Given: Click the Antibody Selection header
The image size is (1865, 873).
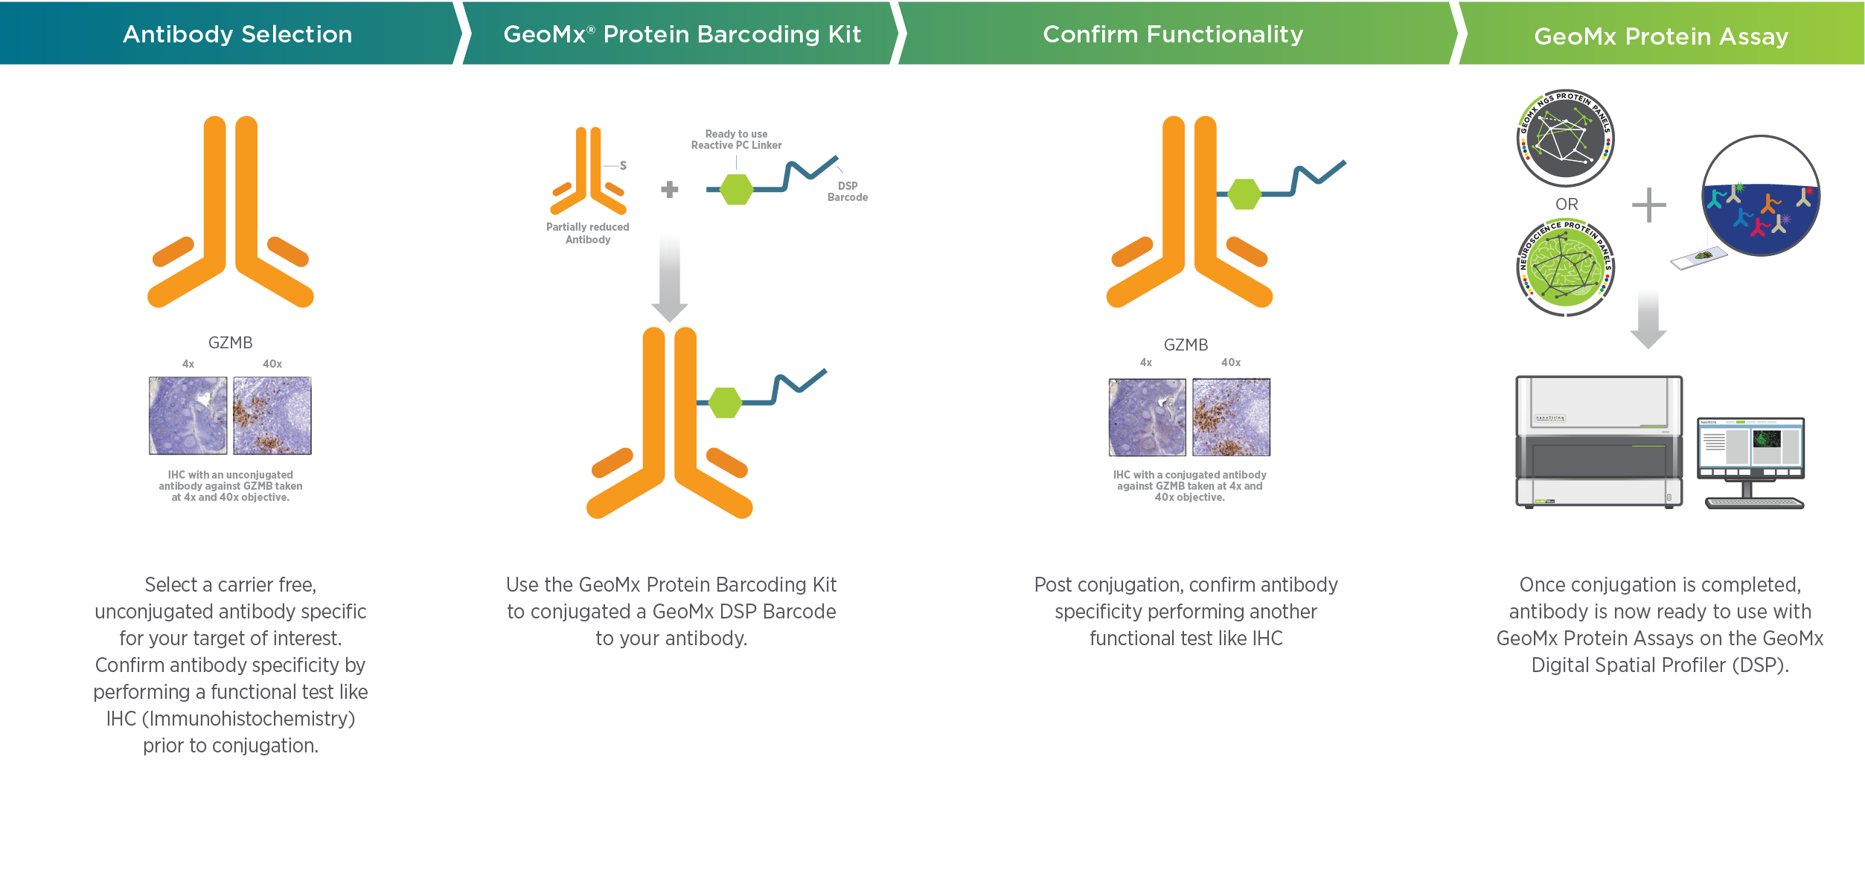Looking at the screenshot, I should tap(237, 34).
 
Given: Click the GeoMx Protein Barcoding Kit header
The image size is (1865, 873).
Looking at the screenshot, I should tap(682, 34).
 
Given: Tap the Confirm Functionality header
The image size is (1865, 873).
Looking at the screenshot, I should tap(1172, 34).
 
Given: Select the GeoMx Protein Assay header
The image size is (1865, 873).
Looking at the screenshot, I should tap(1660, 36).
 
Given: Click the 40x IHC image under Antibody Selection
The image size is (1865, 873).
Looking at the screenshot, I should tap(272, 415).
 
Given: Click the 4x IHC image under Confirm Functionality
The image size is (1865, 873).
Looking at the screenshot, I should tap(1147, 417).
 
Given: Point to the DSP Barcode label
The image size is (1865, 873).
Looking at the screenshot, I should tap(848, 191).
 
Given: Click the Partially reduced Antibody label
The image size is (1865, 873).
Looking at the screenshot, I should tap(587, 233).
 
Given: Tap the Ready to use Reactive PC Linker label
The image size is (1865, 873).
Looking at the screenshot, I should tap(736, 139).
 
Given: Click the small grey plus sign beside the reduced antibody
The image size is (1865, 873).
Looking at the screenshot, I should tap(669, 190).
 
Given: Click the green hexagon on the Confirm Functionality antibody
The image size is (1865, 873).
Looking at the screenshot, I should tap(1244, 194).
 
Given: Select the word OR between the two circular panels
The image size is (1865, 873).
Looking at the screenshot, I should tap(1566, 204).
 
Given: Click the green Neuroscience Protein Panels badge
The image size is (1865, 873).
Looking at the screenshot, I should tap(1565, 267).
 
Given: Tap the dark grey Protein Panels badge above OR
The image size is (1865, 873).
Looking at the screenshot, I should tap(1565, 138).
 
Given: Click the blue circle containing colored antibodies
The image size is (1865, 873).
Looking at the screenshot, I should tap(1760, 197).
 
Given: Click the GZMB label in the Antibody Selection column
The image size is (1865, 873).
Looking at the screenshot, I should tap(230, 342).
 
